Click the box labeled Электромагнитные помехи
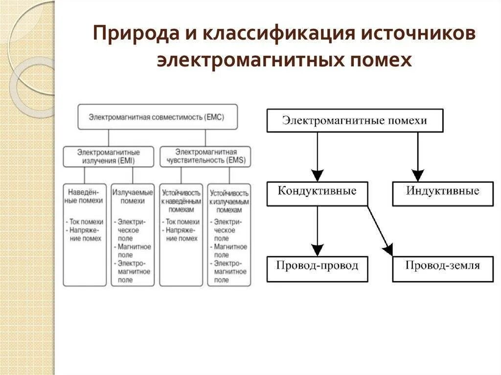point(355,121)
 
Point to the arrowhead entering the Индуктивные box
point(417,175)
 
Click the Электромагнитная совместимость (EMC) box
point(158,117)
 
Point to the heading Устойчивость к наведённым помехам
point(181,201)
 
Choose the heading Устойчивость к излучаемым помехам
point(229,201)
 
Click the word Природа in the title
point(126,36)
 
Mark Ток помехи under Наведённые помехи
point(87,221)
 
